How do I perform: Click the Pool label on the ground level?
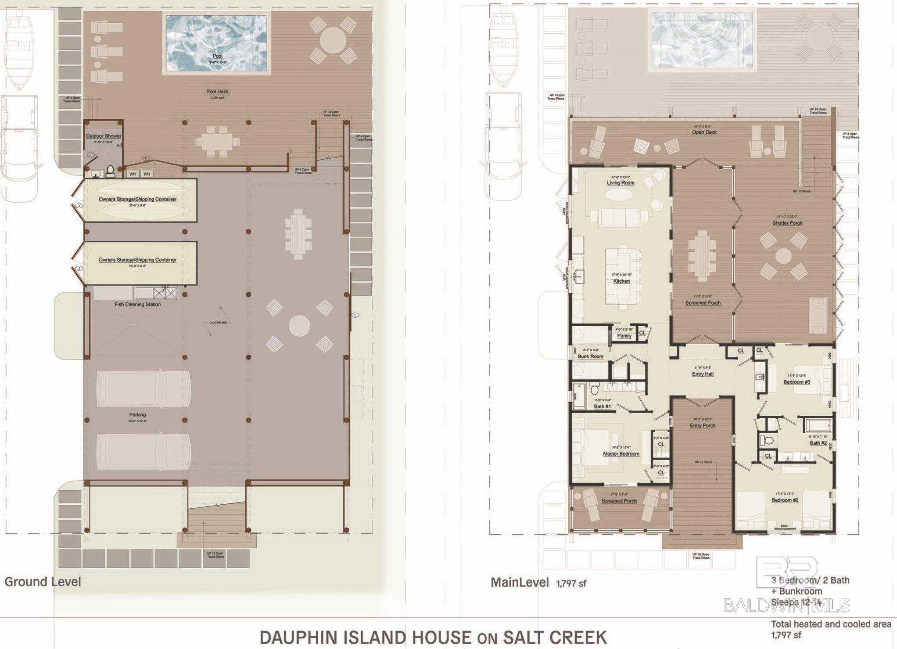[x=217, y=56]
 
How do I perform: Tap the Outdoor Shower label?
[x=104, y=136]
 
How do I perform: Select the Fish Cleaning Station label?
[x=137, y=304]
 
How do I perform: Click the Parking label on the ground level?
[x=137, y=414]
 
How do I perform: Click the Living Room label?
[x=621, y=183]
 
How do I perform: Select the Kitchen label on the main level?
[x=621, y=281]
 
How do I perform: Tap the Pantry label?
[x=624, y=336]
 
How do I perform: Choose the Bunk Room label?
[x=590, y=357]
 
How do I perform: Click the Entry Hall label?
[x=703, y=374]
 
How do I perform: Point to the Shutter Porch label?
[x=787, y=223]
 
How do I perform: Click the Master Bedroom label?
[x=621, y=454]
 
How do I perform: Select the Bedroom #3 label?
[x=797, y=382]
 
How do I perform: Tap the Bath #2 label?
[x=818, y=443]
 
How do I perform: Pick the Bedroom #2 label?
[x=785, y=500]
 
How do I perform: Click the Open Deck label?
[x=704, y=132]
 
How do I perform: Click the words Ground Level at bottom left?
[x=43, y=582]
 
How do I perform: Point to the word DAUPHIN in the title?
[x=295, y=637]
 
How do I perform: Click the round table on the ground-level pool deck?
[x=333, y=40]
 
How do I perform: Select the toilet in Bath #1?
[x=595, y=389]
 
